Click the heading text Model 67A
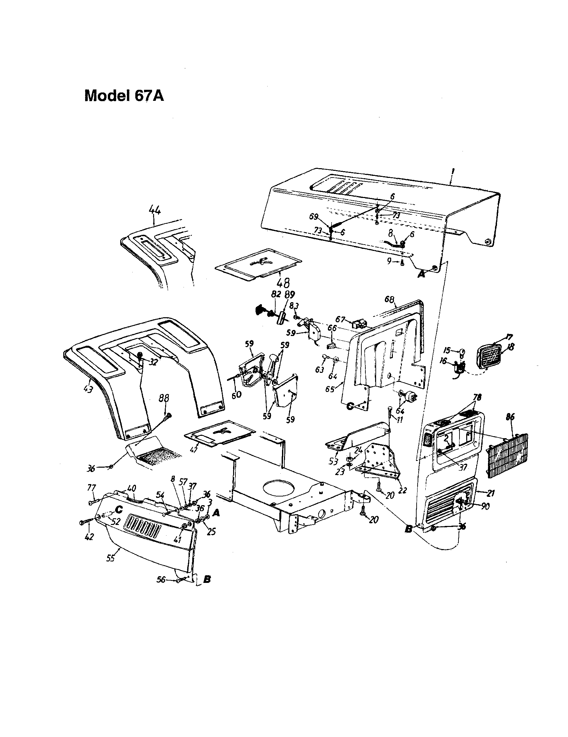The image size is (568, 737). click(124, 96)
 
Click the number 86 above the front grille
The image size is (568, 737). click(511, 417)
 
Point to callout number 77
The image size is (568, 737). click(91, 487)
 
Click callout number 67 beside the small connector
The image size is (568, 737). click(340, 319)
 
